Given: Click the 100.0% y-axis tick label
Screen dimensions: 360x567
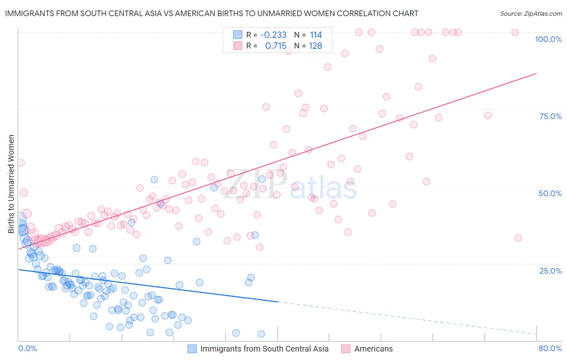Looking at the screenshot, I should pyautogui.click(x=548, y=39).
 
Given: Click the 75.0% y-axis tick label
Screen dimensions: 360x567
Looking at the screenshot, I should pyautogui.click(x=550, y=116).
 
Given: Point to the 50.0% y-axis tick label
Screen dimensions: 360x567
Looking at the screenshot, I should pyautogui.click(x=550, y=193).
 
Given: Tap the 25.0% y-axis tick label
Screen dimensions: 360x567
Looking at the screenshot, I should pyautogui.click(x=550, y=271).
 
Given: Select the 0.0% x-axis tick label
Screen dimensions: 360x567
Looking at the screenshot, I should pyautogui.click(x=28, y=348).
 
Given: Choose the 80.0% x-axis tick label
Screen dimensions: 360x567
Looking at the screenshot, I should pyautogui.click(x=550, y=348).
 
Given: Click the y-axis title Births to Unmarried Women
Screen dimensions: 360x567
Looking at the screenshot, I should pyautogui.click(x=11, y=184).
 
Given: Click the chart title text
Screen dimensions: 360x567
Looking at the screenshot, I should pyautogui.click(x=211, y=13).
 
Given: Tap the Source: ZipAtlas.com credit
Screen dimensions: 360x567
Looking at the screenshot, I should pyautogui.click(x=531, y=13).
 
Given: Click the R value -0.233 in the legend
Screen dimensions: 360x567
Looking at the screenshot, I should pyautogui.click(x=273, y=35).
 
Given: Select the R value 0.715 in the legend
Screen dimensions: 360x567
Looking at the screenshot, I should pyautogui.click(x=275, y=46).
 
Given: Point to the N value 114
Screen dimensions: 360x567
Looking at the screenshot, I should pyautogui.click(x=316, y=35).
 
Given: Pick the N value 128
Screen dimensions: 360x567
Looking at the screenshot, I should pyautogui.click(x=315, y=46).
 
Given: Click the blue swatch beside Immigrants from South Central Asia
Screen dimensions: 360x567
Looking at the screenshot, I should pyautogui.click(x=192, y=349).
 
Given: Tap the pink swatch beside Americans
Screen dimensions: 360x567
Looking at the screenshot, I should pyautogui.click(x=346, y=349).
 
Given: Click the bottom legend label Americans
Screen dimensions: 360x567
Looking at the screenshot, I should pyautogui.click(x=373, y=349).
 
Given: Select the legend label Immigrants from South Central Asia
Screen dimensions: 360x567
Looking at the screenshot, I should pyautogui.click(x=264, y=349).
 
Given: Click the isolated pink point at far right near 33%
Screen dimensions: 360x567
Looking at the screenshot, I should pyautogui.click(x=518, y=238).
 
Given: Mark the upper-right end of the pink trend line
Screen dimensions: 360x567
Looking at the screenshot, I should pyautogui.click(x=536, y=73).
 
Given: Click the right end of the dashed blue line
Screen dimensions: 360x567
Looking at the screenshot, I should pyautogui.click(x=536, y=334).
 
